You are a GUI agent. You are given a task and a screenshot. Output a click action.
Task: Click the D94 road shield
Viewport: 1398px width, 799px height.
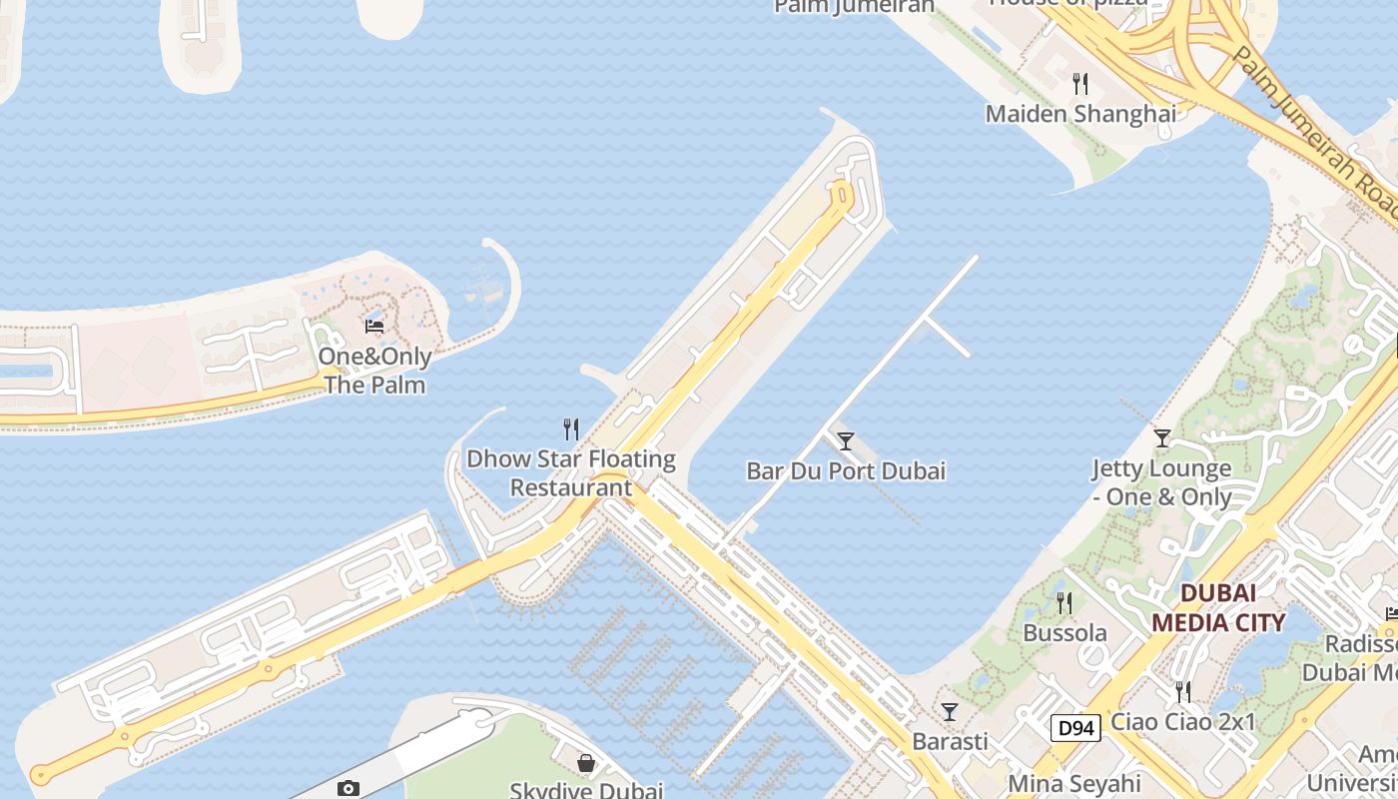(x=1075, y=728)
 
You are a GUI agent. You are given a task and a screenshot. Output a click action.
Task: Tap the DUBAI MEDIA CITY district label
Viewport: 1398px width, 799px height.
(x=1218, y=607)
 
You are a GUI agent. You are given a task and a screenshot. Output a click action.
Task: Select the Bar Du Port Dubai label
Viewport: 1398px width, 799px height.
(x=846, y=470)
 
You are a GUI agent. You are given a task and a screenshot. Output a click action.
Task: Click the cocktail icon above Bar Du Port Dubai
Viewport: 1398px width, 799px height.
(x=846, y=440)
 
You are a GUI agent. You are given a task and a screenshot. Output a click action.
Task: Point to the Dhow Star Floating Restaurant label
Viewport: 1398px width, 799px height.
(x=571, y=473)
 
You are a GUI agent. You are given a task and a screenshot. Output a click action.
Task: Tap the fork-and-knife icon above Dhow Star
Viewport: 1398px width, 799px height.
(x=571, y=429)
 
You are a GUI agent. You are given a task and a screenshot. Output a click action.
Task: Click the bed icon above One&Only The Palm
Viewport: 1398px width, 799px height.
(x=374, y=326)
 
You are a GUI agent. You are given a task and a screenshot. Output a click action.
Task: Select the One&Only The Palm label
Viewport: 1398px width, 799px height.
(x=374, y=371)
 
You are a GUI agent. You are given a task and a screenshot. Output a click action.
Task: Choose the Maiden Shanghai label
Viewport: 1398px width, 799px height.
(x=1080, y=114)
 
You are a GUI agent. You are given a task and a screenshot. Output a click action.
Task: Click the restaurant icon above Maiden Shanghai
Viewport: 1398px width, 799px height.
(x=1079, y=84)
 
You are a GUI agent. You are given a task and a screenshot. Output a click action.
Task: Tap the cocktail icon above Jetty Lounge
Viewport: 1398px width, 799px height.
(x=1161, y=437)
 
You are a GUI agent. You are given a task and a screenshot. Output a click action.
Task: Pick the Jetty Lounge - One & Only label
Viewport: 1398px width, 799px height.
(x=1161, y=482)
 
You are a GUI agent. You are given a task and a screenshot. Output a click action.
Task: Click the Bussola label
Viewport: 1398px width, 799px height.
(x=1064, y=633)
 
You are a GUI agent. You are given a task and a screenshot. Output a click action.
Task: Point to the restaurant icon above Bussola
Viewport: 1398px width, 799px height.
(x=1064, y=602)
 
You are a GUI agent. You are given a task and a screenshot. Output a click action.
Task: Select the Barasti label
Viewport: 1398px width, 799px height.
(x=950, y=741)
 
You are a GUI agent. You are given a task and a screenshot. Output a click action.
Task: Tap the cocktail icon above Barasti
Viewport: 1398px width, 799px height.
(x=950, y=711)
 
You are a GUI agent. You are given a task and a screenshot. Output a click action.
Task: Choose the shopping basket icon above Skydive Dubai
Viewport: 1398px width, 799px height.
(x=586, y=763)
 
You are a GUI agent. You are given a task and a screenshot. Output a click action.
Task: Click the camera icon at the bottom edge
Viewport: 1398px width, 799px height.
(x=348, y=789)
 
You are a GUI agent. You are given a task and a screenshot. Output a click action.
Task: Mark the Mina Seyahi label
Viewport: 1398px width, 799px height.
(x=1074, y=783)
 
